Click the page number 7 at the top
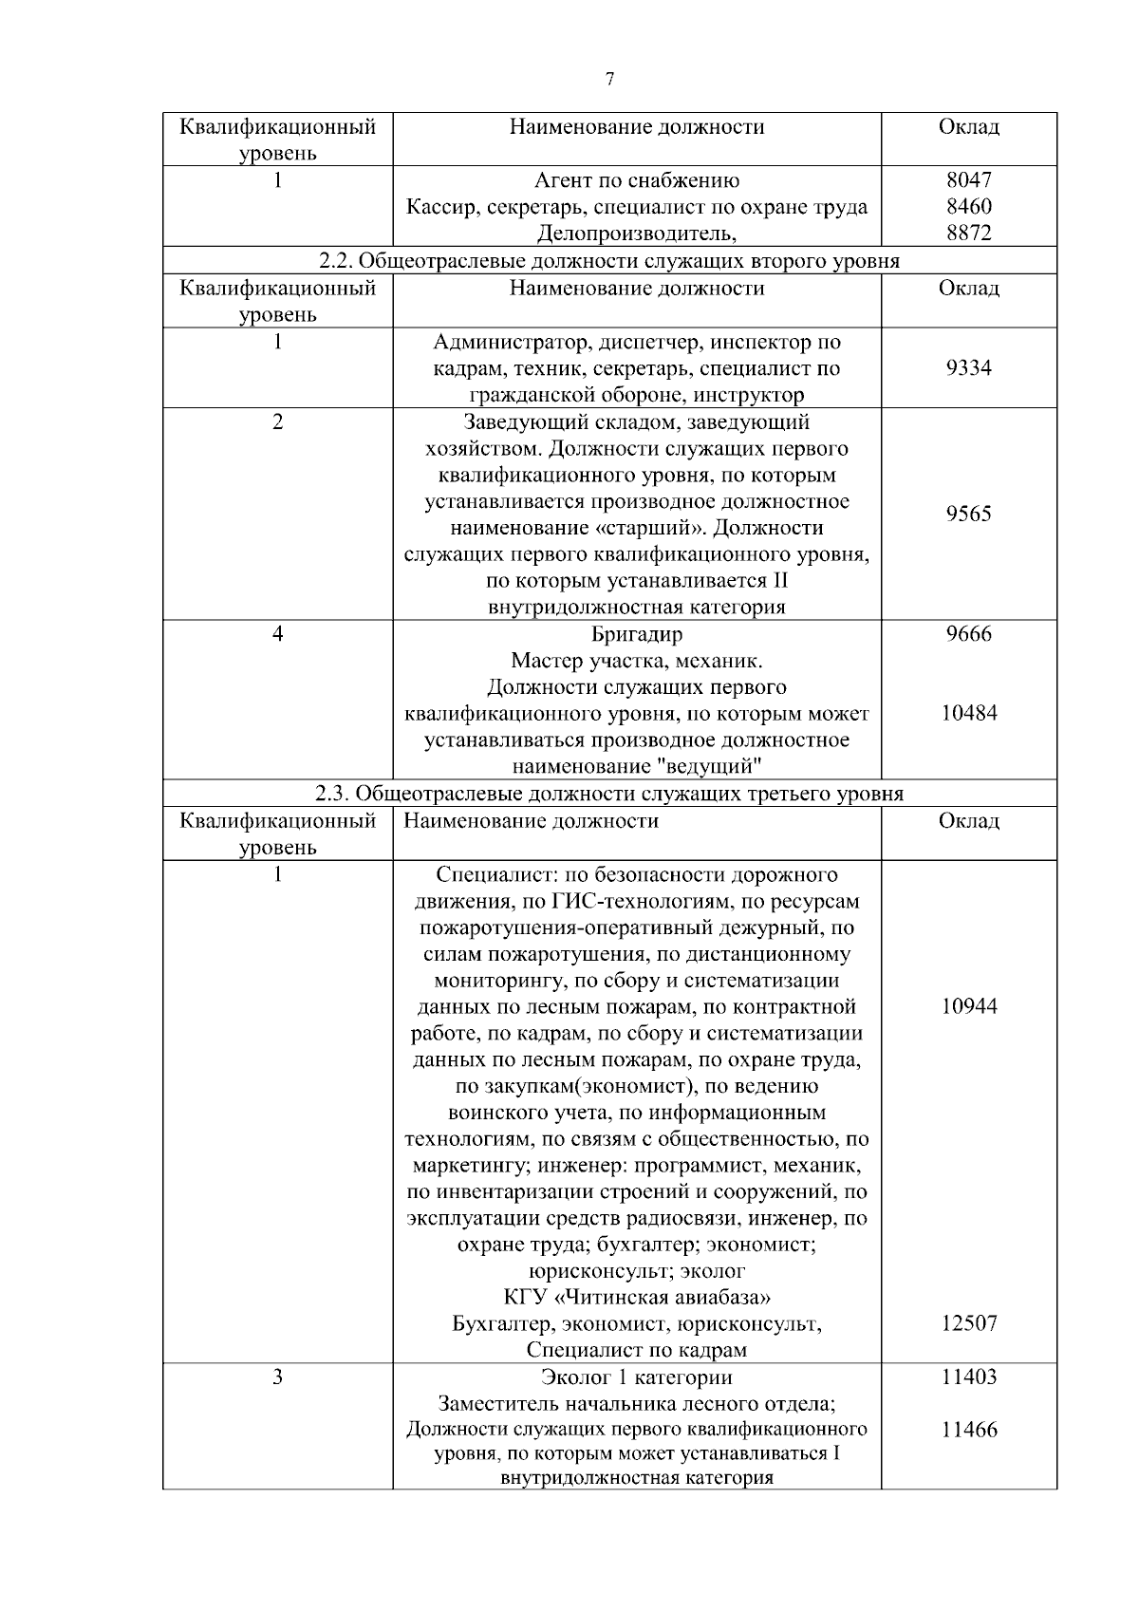609,80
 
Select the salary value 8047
968,180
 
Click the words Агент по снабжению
637,180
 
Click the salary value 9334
968,368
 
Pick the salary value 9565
968,514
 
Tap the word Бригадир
637,634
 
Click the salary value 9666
968,634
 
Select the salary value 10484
968,713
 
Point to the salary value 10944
968,1006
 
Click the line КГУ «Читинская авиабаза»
637,1297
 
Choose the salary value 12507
968,1323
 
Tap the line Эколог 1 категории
637,1377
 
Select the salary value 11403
968,1377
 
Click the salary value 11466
968,1430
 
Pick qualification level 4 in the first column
277,634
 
